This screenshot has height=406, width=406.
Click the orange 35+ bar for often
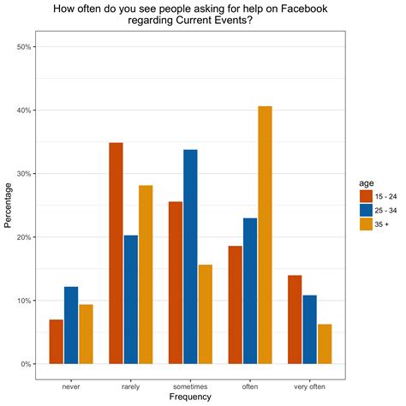(x=265, y=235)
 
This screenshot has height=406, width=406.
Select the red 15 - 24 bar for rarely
(x=116, y=253)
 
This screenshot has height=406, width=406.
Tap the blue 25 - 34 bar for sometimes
(x=190, y=256)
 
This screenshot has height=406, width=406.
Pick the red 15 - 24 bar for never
(x=56, y=341)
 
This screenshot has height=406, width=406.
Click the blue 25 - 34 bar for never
(x=71, y=325)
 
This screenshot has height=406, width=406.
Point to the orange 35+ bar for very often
(x=324, y=343)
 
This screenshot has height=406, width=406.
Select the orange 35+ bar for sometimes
(x=206, y=313)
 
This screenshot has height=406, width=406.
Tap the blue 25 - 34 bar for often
(x=249, y=290)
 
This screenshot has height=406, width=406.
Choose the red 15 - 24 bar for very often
(x=294, y=319)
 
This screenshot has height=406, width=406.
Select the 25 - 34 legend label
(x=387, y=211)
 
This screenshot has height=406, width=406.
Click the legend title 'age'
(x=366, y=182)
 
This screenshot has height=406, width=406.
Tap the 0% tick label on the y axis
(x=27, y=364)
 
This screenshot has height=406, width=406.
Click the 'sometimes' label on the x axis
(x=190, y=385)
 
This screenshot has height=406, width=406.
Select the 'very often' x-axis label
(x=309, y=385)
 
